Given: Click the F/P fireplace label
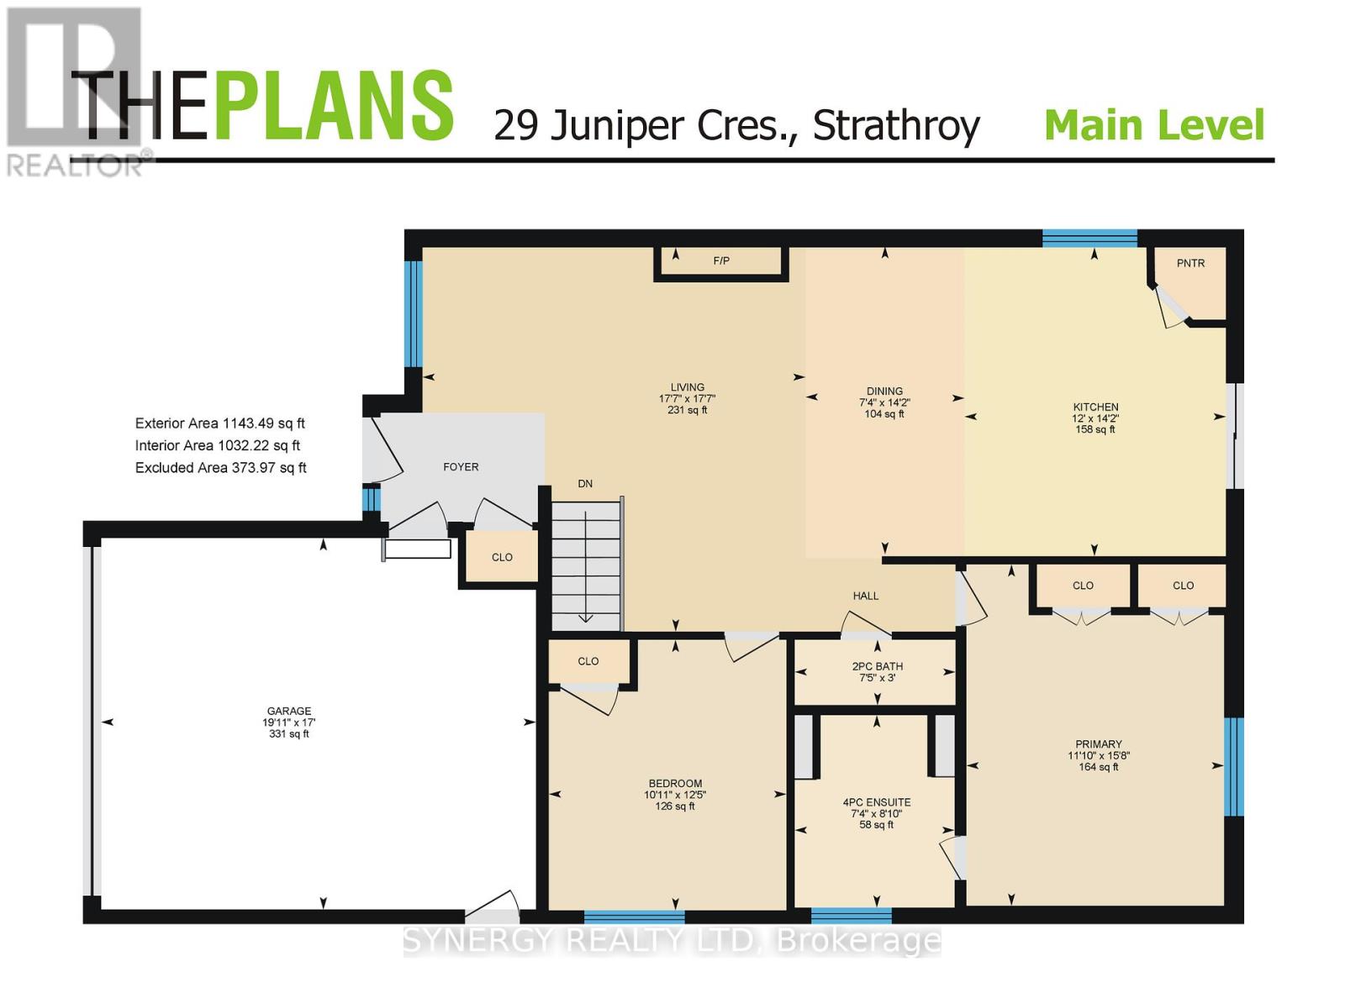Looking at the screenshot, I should (721, 261).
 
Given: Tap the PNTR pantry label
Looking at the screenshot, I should (1190, 263).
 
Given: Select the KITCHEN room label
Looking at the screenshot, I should (1095, 407).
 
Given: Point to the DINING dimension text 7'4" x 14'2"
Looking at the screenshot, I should (884, 402).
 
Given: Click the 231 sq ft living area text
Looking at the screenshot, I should (687, 411).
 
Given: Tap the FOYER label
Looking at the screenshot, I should (461, 467).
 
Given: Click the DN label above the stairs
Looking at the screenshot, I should (585, 484).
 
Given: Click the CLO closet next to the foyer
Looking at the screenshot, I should (502, 557).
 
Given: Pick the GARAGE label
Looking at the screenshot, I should (289, 711).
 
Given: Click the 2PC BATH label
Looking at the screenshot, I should (877, 666).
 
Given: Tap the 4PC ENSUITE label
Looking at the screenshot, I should (877, 802).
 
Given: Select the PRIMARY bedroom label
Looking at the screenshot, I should (1098, 744).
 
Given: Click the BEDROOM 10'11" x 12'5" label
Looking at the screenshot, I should (675, 795).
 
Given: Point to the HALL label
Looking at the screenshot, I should (865, 596).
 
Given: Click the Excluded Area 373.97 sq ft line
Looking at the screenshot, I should (220, 468).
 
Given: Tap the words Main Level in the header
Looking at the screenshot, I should (1153, 125).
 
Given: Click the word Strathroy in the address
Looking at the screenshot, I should (896, 126).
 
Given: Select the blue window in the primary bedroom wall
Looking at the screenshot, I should (1233, 766).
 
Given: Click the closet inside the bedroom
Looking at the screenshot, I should (588, 661).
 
